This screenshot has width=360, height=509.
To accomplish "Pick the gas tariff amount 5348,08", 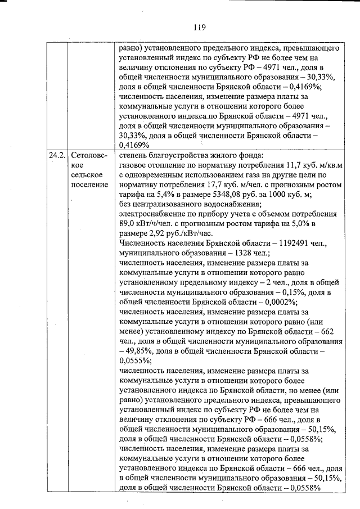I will tap(209, 195).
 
